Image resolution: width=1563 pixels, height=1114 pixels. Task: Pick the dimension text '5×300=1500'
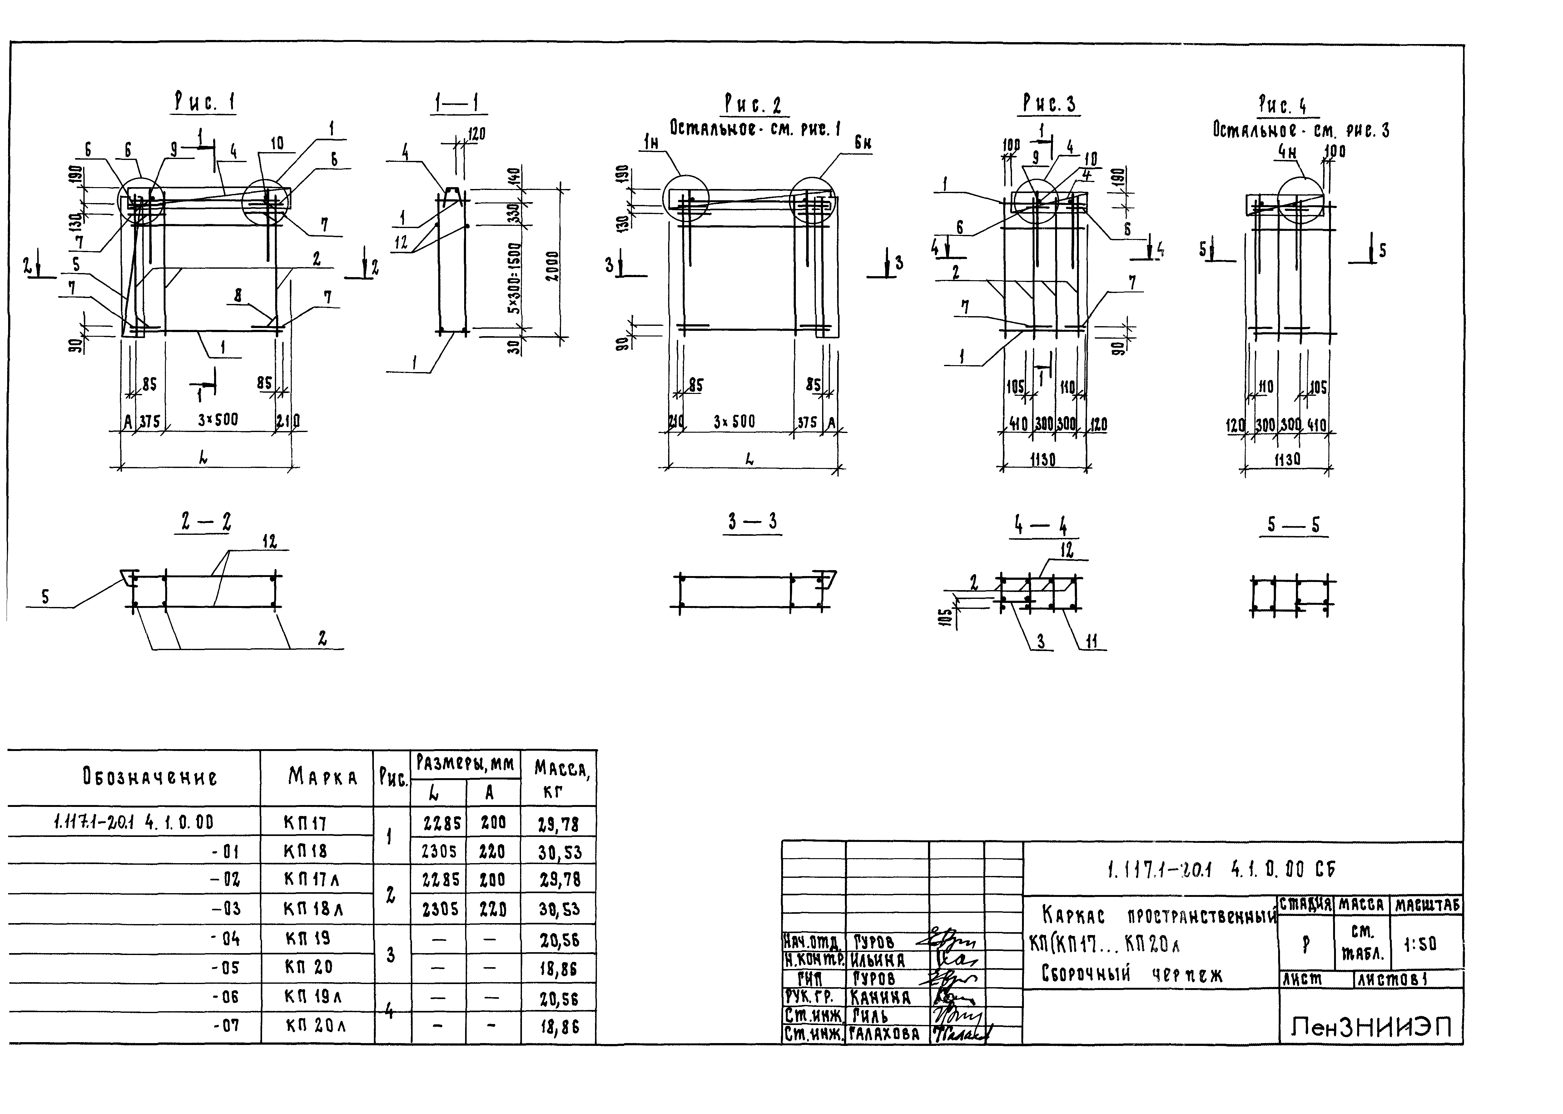[x=514, y=278]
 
